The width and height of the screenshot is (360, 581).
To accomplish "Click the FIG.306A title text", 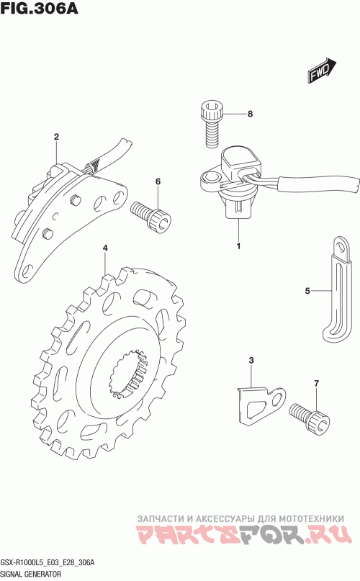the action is point(40,8).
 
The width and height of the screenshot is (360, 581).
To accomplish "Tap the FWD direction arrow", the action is point(321,70).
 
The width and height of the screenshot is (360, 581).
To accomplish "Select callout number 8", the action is point(251,114).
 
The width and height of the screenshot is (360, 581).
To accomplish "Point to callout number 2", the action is point(56,137).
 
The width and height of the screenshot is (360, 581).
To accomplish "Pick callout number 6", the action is point(158,181).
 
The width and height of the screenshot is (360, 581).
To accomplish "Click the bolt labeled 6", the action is point(151,217).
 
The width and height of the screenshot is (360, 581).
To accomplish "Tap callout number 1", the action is point(239,246).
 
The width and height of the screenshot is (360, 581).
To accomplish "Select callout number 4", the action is point(105,248).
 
